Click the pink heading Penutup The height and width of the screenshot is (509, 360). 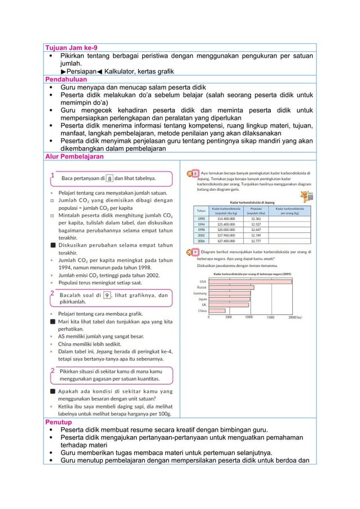coord(58,422)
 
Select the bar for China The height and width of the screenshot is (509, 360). coord(217,310)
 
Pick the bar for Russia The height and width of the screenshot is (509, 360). coord(231,287)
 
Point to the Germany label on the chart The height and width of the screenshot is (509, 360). coord(200,293)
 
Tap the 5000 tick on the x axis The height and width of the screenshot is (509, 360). coord(228,317)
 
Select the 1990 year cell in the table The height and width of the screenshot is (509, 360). coord(200,218)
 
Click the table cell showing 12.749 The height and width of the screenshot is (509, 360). coord(256,236)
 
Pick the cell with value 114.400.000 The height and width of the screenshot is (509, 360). coord(225,218)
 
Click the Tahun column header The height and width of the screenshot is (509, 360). coord(200,210)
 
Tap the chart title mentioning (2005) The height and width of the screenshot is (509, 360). coord(252,273)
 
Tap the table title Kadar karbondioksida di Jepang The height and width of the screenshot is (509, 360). coord(252,201)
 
